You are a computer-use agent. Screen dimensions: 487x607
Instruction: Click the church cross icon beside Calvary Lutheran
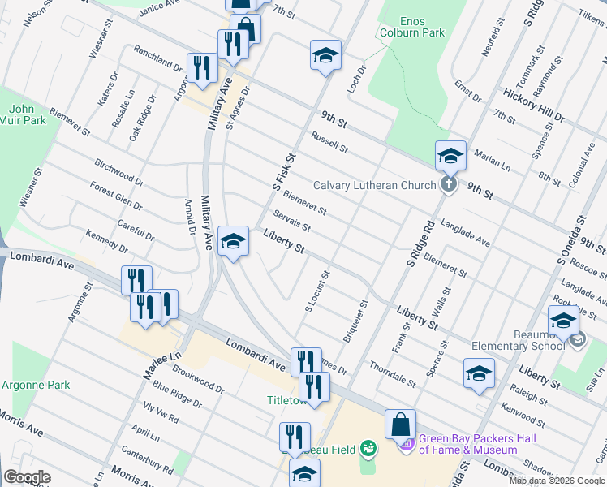pyautogui.click(x=447, y=186)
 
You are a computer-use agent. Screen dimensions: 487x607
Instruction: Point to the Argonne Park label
pyautogui.click(x=36, y=385)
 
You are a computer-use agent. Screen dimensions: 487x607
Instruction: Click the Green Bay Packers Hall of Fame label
pyautogui.click(x=468, y=445)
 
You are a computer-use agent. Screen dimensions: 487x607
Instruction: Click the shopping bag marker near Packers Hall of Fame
pyautogui.click(x=401, y=426)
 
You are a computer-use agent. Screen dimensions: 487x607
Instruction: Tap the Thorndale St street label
pyautogui.click(x=393, y=373)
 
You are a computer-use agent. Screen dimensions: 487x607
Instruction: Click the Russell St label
pyautogui.click(x=329, y=143)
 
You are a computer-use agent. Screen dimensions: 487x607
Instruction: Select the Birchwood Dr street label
pyautogui.click(x=118, y=172)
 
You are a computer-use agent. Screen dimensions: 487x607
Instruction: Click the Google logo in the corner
pyautogui.click(x=27, y=477)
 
